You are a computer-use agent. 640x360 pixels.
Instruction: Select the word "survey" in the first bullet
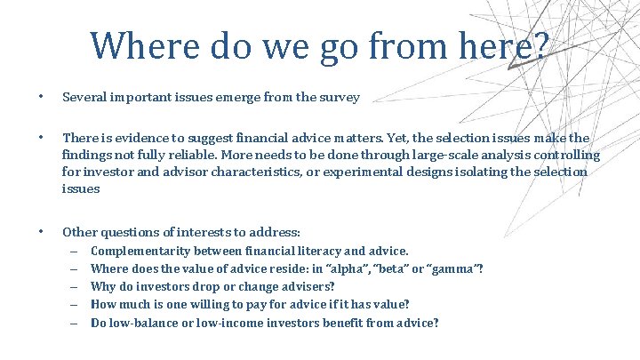(x=340, y=97)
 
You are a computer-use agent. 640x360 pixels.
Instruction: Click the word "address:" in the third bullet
(x=276, y=231)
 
